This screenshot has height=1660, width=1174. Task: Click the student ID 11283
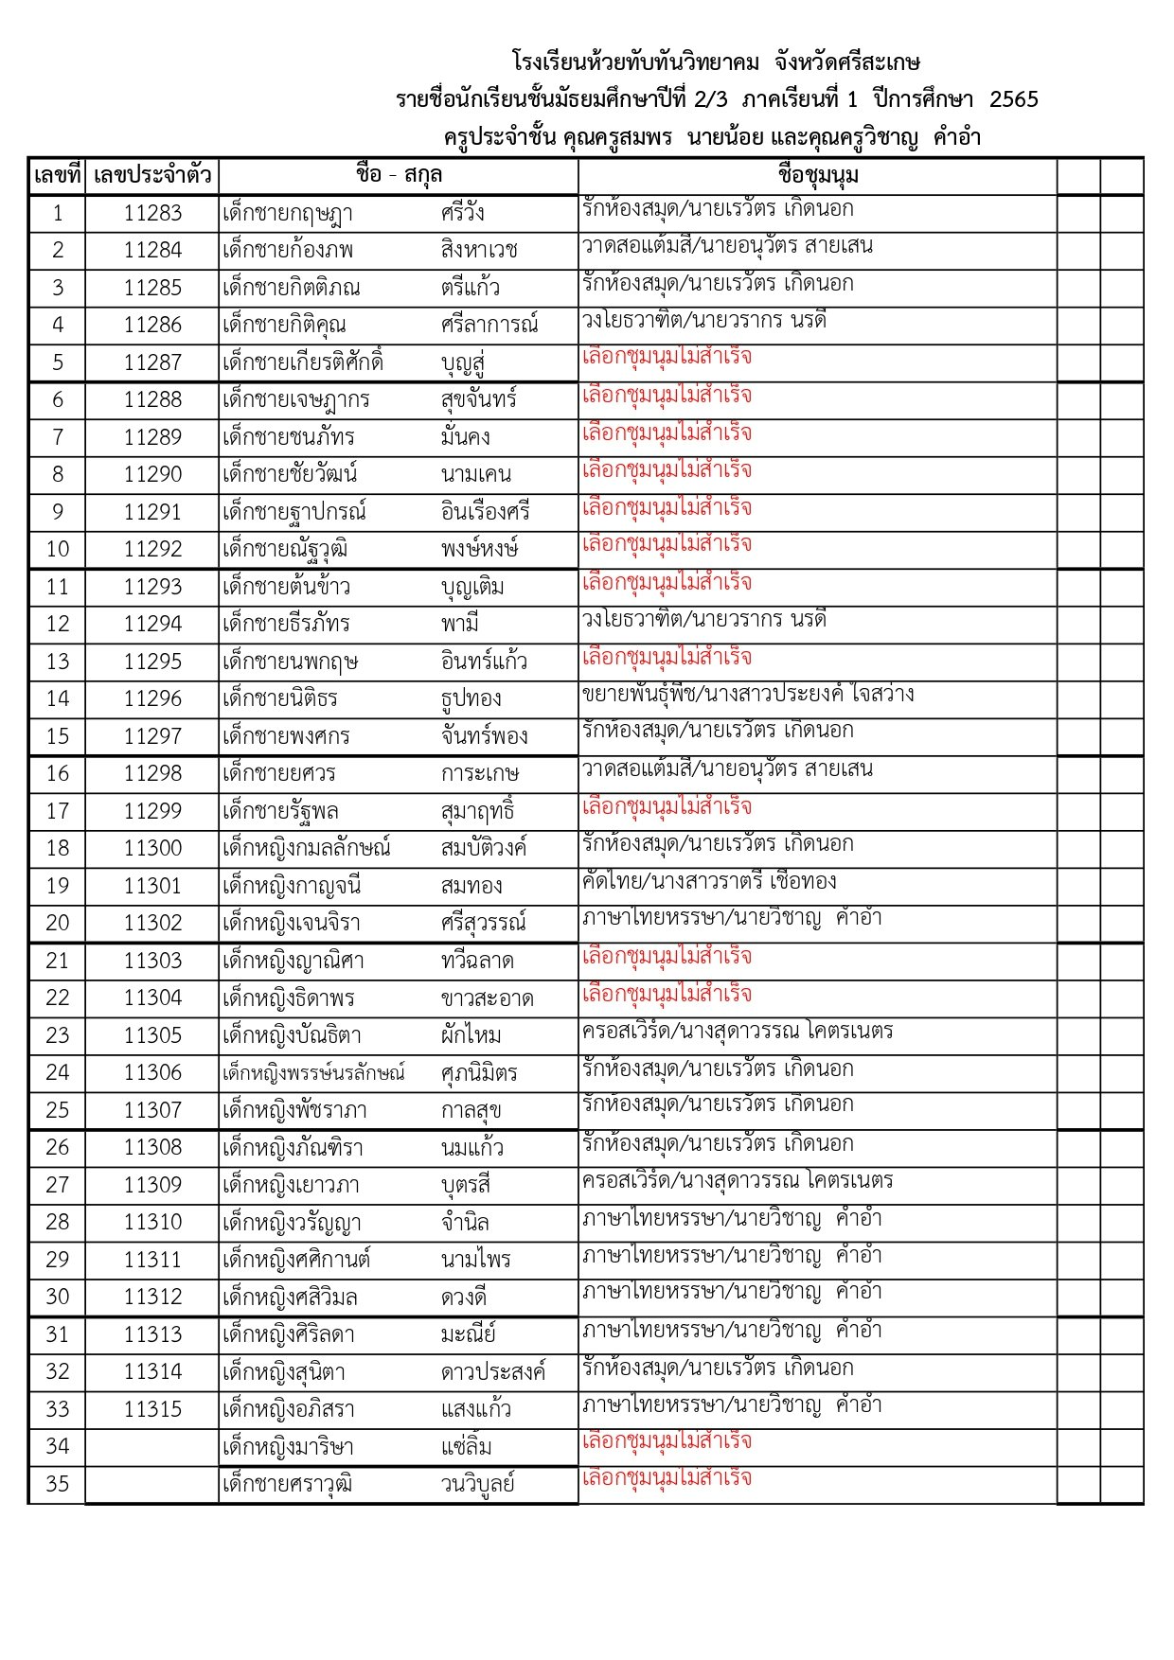point(151,213)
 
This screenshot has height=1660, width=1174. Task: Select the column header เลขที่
point(57,176)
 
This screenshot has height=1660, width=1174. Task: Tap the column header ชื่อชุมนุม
point(817,176)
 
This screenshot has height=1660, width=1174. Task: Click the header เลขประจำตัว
point(151,176)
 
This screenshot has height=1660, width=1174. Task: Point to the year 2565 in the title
point(1013,99)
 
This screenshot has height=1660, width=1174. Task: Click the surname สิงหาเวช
point(479,250)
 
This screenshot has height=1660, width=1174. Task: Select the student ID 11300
point(151,848)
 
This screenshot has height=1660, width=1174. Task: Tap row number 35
point(57,1484)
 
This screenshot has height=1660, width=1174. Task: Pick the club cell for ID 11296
point(748,694)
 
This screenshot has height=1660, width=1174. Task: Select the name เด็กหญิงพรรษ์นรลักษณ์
point(313,1072)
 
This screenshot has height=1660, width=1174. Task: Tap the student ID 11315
point(151,1409)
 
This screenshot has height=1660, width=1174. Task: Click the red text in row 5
point(667,357)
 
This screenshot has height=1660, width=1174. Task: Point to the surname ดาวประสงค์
point(493,1371)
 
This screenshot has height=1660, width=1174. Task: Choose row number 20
point(57,923)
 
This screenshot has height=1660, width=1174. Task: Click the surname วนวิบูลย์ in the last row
point(477,1484)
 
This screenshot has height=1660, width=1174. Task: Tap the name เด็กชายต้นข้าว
point(286,587)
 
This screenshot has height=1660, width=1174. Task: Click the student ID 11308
point(151,1147)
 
